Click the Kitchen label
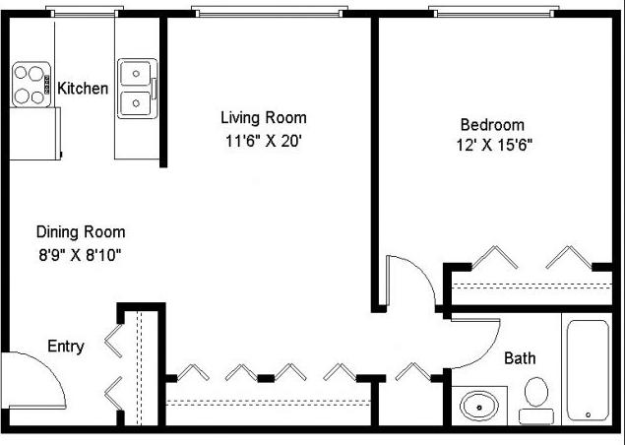pos(83,89)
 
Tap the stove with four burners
pos(31,85)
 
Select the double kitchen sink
pos(135,89)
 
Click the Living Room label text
pos(263,118)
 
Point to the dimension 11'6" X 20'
pos(263,141)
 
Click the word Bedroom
pos(492,125)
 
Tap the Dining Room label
pos(81,232)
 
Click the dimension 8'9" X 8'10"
pos(81,254)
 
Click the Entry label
pos(66,347)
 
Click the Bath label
pos(520,358)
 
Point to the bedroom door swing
pos(411,281)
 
